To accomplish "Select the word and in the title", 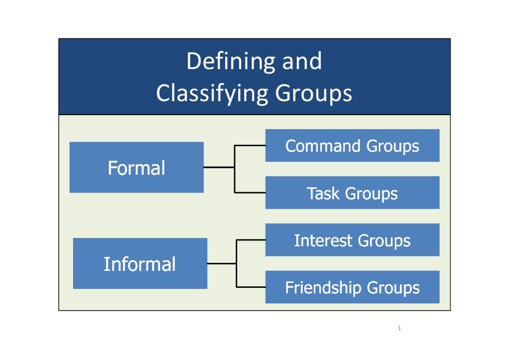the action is pyautogui.click(x=302, y=62).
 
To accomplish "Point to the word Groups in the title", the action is pyautogui.click(x=314, y=94).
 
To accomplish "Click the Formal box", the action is pyautogui.click(x=137, y=167).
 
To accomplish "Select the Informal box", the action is pyautogui.click(x=140, y=263).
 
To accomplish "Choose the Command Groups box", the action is pyautogui.click(x=352, y=145).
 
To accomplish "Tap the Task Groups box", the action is pyautogui.click(x=352, y=192).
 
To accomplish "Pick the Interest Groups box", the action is pyautogui.click(x=352, y=240).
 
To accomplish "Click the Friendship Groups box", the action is pyautogui.click(x=352, y=287).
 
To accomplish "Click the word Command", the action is pyautogui.click(x=323, y=146).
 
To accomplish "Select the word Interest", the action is pyautogui.click(x=323, y=240).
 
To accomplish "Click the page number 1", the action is pyautogui.click(x=399, y=328).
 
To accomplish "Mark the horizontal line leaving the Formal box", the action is pyautogui.click(x=219, y=167).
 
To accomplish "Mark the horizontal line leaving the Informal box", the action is pyautogui.click(x=222, y=263).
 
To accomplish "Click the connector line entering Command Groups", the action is pyautogui.click(x=250, y=145).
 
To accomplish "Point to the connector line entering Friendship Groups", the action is pyautogui.click(x=251, y=287).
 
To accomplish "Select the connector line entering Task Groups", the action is pyautogui.click(x=250, y=192).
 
